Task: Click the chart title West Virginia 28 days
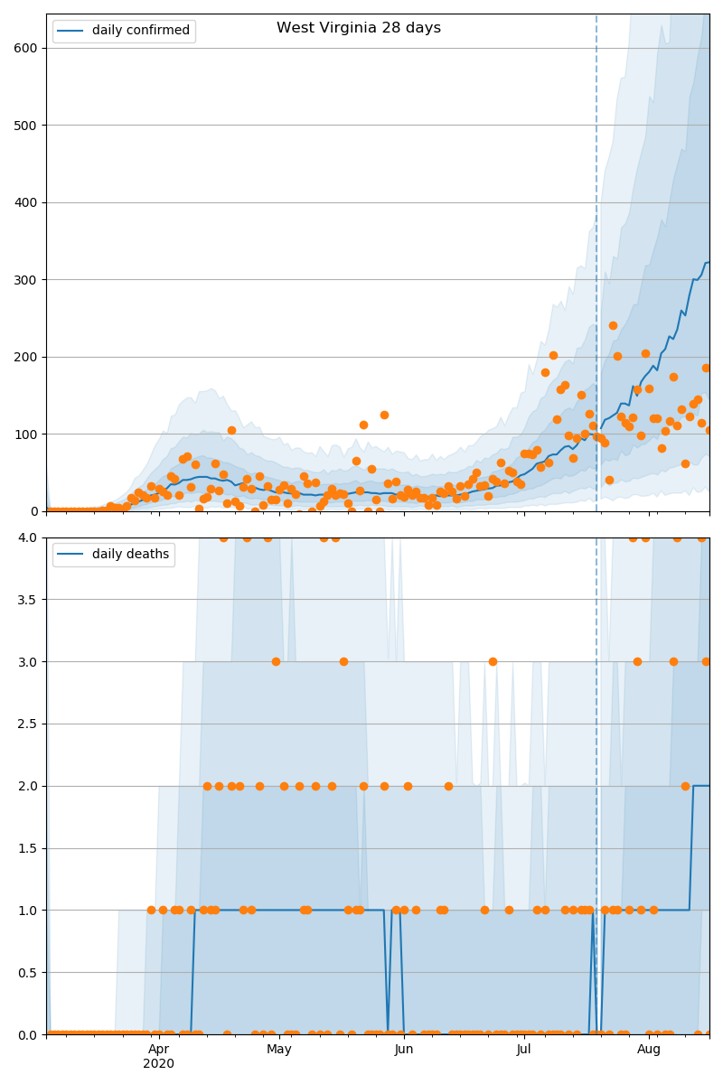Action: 359,28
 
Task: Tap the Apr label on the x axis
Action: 159,1049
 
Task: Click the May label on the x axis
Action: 279,1049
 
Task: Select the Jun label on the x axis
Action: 404,1049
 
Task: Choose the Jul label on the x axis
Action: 524,1049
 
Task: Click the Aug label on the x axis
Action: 649,1049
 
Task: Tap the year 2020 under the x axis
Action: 159,1064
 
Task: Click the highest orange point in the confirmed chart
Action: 613,325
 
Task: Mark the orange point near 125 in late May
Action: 384,415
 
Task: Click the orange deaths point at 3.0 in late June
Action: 493,661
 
